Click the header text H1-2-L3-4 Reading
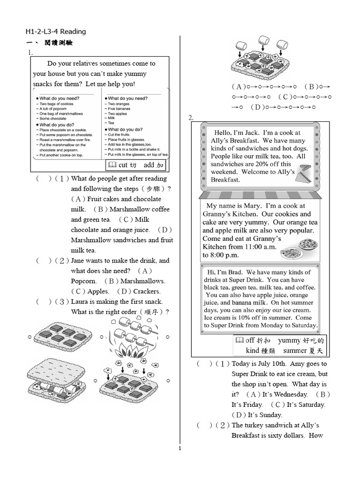tap(56, 31)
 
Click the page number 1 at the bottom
tap(180, 448)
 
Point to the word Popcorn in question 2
tap(83, 281)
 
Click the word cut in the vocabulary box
tap(123, 165)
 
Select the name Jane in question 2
tap(79, 261)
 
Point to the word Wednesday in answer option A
tap(291, 395)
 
